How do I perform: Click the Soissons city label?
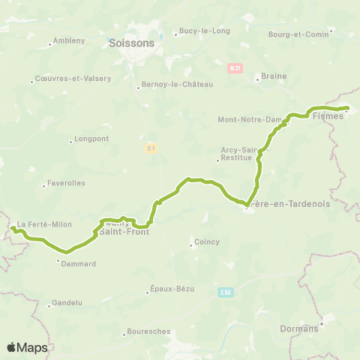point(131,43)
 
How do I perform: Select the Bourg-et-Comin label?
point(300,34)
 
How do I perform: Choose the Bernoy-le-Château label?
point(178,85)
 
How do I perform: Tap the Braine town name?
point(269,76)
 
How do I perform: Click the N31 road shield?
point(236,67)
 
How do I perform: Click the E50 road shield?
point(226,292)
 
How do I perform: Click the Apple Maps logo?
point(28,347)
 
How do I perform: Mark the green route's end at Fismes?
point(348,108)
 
